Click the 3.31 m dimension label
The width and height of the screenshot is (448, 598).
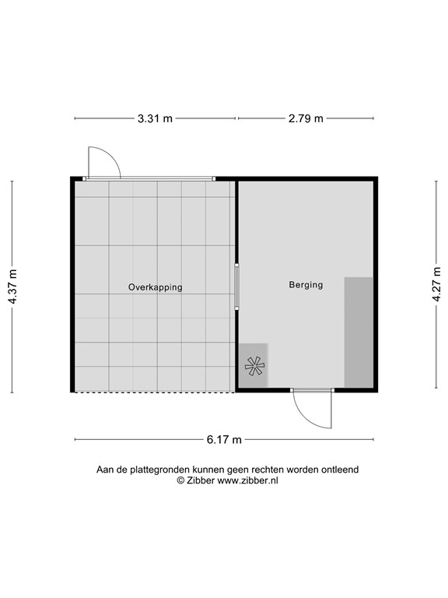155,118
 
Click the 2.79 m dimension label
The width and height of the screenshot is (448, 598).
305,118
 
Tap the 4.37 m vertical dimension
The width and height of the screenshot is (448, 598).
12,287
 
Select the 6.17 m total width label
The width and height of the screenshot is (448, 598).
224,439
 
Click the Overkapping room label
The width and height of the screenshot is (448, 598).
155,287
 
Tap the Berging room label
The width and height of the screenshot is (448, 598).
306,285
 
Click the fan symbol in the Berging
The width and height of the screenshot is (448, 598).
254,365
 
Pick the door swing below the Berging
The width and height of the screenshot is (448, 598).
312,407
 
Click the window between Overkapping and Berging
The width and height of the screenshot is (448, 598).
237,287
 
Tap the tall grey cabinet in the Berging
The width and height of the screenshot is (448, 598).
358,331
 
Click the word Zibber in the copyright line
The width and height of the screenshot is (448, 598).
201,481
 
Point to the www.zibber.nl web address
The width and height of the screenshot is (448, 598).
247,481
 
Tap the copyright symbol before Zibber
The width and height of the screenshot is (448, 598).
180,481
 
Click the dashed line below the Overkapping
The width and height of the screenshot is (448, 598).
154,392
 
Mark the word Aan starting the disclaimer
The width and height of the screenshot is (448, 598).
105,470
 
